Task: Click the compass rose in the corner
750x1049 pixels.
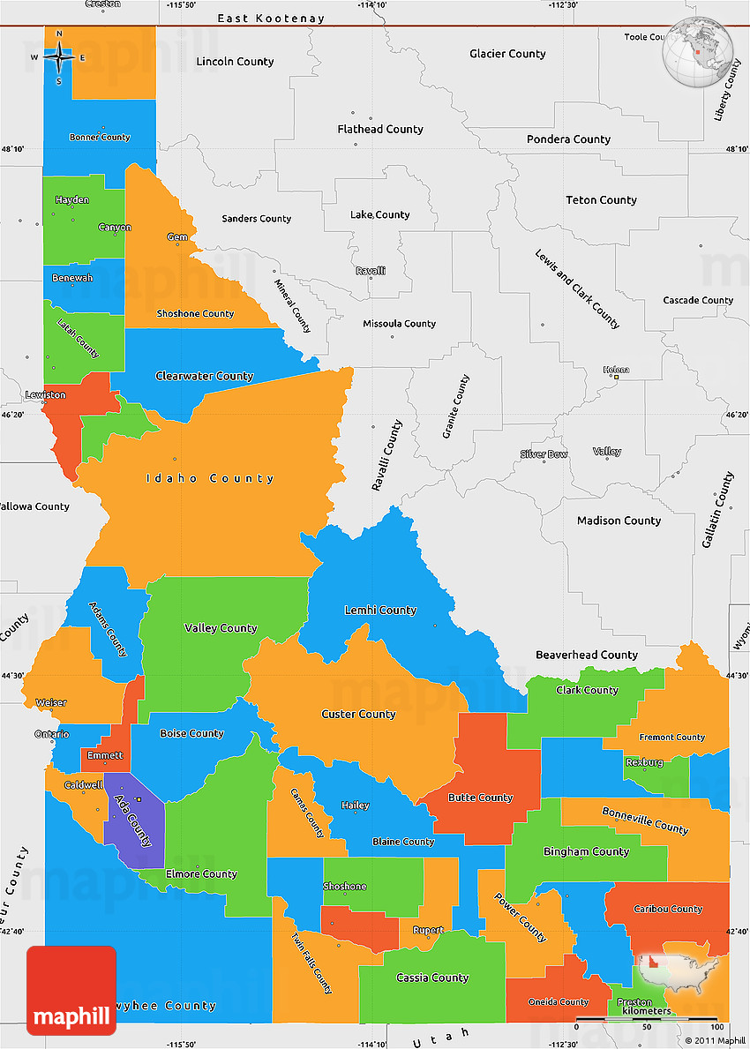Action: [x=59, y=57]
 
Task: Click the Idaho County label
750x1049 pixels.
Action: [x=210, y=478]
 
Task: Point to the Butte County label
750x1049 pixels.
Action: [x=480, y=798]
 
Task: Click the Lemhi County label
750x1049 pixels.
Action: [x=379, y=610]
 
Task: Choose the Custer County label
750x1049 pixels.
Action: [x=358, y=714]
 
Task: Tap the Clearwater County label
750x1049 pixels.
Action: [x=204, y=376]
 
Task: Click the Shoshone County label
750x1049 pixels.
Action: [x=195, y=313]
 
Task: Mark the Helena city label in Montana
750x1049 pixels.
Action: [x=616, y=369]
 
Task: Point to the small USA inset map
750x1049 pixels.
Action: [x=678, y=966]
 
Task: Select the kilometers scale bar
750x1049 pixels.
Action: [x=646, y=1019]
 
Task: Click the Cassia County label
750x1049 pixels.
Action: [x=432, y=978]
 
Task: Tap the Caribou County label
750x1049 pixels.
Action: [x=667, y=909]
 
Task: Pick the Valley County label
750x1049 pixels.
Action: [x=221, y=628]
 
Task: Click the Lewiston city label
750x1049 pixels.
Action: [x=45, y=394]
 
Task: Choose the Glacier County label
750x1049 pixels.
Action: [x=507, y=54]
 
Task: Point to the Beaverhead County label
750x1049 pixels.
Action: [x=587, y=655]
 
